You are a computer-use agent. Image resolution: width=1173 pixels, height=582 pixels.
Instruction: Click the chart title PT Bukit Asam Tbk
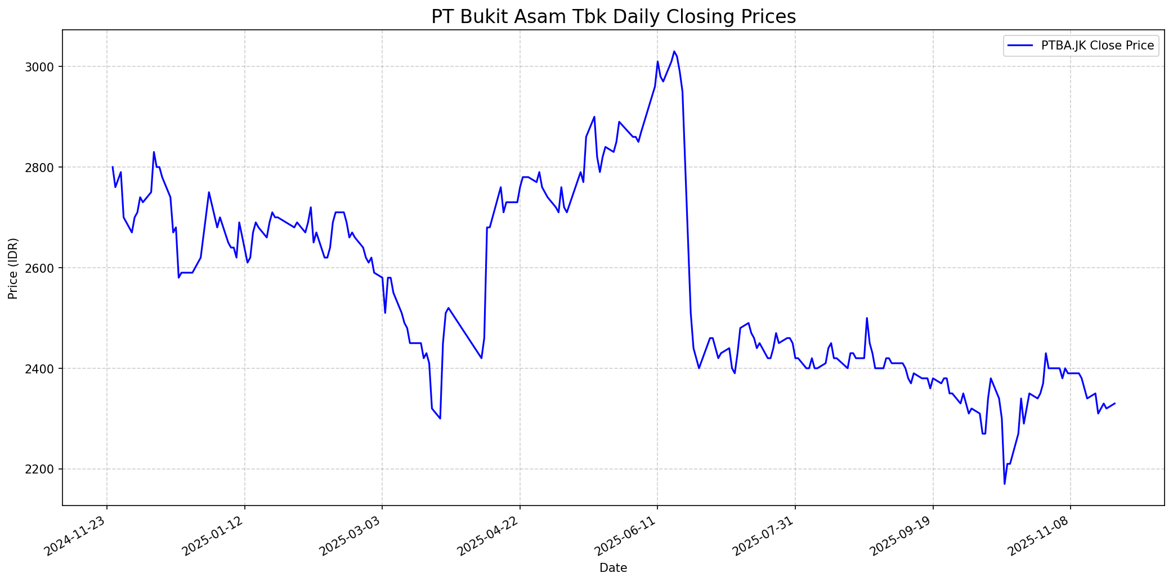pos(614,17)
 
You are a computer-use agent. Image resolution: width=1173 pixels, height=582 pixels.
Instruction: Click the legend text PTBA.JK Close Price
pos(1098,46)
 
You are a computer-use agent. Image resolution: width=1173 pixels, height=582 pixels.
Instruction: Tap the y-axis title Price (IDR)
pos(13,268)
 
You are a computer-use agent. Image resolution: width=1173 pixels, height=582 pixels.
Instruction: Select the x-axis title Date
pos(613,568)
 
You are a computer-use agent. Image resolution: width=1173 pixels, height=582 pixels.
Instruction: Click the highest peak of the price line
pos(674,51)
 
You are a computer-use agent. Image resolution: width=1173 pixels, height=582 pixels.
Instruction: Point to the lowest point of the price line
pos(1004,484)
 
